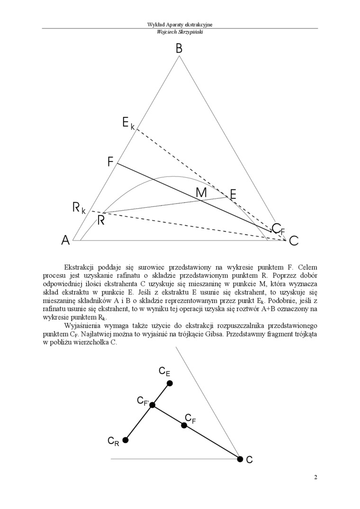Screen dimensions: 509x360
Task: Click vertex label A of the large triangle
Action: pyautogui.click(x=66, y=241)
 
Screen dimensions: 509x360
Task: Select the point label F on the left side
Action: pyautogui.click(x=110, y=162)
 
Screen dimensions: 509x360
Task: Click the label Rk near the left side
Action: pyautogui.click(x=79, y=207)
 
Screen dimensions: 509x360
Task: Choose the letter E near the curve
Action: pyautogui.click(x=233, y=194)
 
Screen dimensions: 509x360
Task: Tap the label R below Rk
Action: pyautogui.click(x=101, y=220)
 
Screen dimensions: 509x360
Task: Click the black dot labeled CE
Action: pyautogui.click(x=170, y=383)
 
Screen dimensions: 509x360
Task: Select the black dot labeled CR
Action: pyautogui.click(x=126, y=440)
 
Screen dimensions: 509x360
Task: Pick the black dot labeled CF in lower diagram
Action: pyautogui.click(x=184, y=425)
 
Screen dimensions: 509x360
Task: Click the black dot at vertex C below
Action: pyautogui.click(x=240, y=459)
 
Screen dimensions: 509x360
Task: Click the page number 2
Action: pyautogui.click(x=315, y=477)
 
